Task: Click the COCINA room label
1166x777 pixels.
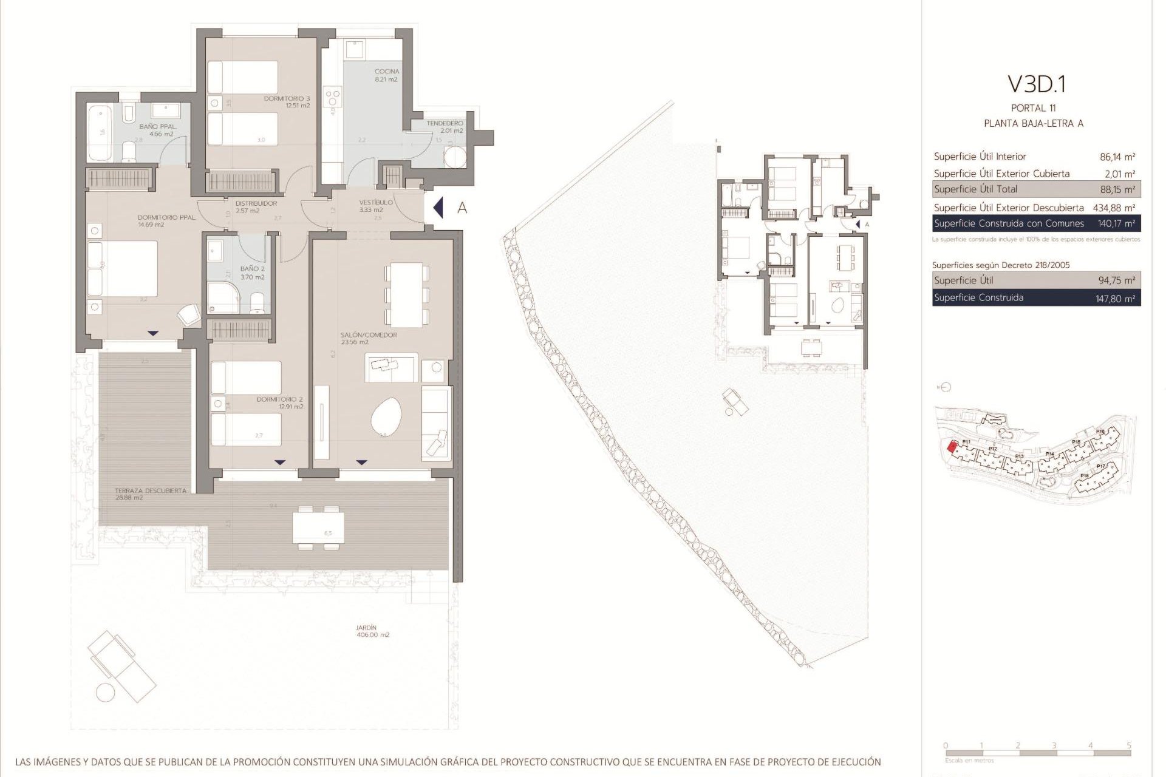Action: pyautogui.click(x=387, y=72)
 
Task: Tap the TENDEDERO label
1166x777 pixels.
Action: pyautogui.click(x=445, y=123)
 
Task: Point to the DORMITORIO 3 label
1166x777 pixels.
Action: pyautogui.click(x=287, y=98)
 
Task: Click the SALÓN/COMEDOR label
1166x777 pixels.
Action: pyautogui.click(x=360, y=335)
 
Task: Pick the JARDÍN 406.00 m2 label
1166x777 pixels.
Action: pyautogui.click(x=366, y=628)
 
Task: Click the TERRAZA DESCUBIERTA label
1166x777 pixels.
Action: pyautogui.click(x=150, y=490)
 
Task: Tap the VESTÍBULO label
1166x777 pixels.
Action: pyautogui.click(x=376, y=202)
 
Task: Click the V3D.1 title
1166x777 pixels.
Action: pyautogui.click(x=1036, y=84)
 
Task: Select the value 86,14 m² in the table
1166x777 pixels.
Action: pyautogui.click(x=1117, y=157)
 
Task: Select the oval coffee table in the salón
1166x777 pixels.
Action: pyautogui.click(x=386, y=417)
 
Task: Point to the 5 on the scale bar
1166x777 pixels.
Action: pyautogui.click(x=1129, y=745)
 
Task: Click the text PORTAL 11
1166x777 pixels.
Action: pyautogui.click(x=1033, y=108)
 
